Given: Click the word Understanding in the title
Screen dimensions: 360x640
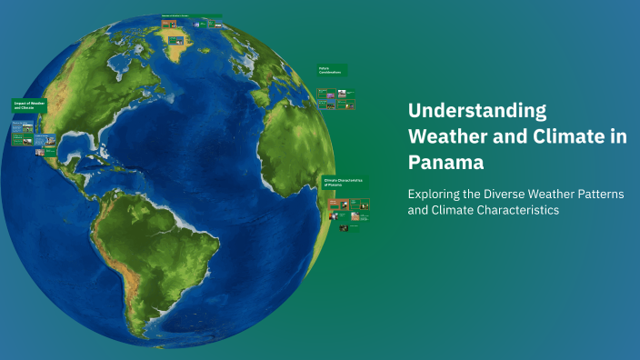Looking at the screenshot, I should click(x=477, y=111).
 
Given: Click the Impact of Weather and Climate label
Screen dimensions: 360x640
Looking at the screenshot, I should click(x=27, y=105).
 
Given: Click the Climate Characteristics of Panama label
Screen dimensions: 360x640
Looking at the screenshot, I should click(x=345, y=182).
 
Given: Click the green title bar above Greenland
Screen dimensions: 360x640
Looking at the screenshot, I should click(x=191, y=16).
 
